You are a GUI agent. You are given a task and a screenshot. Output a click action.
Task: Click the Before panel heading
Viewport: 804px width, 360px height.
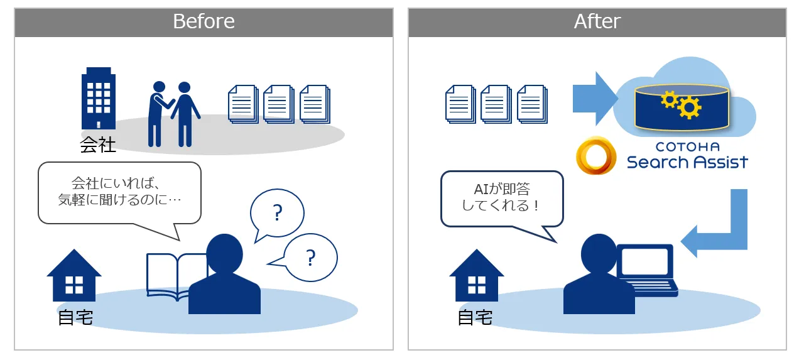pos(204,21)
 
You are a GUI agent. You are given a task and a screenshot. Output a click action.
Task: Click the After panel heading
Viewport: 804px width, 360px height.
pos(597,21)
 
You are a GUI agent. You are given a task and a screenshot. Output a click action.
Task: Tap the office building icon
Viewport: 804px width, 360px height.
pos(99,98)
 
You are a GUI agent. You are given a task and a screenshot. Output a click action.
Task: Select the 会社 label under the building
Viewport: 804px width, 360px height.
pos(97,145)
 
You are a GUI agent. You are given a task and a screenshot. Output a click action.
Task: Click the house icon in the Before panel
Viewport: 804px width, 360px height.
pos(74,275)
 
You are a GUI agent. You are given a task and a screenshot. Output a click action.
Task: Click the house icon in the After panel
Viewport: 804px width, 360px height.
pos(477,275)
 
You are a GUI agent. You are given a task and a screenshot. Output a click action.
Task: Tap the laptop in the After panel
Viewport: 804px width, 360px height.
pos(646,271)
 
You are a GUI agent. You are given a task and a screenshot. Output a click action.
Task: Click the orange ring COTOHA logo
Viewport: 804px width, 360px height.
pos(596,155)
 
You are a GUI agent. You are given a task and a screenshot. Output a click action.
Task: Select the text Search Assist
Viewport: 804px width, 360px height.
pos(687,162)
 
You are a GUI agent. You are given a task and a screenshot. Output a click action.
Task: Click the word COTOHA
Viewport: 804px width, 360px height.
pos(687,147)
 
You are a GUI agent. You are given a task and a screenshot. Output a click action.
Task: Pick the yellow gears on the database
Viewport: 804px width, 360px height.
pos(681,104)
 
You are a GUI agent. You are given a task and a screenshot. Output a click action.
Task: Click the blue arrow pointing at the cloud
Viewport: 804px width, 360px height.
pos(595,99)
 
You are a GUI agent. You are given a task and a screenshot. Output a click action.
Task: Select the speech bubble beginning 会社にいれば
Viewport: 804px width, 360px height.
pos(119,193)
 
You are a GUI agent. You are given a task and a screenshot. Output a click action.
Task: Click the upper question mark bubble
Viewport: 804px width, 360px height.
pos(277,213)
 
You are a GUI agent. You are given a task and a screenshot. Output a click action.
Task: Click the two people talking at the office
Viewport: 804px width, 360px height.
pos(174,114)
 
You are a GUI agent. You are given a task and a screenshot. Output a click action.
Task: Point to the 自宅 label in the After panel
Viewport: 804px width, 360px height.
pos(475,318)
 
